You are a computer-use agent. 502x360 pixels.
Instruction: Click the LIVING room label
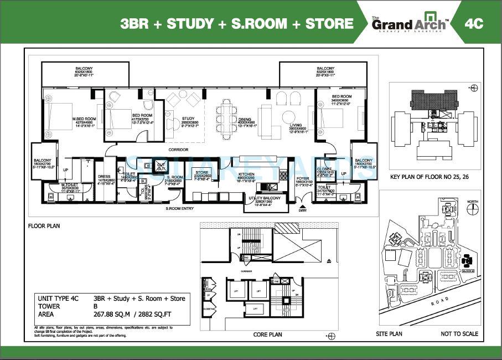click(x=296, y=126)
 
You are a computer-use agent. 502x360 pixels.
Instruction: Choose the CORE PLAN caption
click(x=268, y=335)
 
